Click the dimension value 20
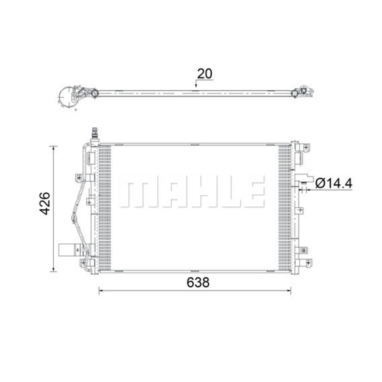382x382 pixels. tap(204, 74)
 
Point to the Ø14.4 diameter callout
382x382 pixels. tap(334, 183)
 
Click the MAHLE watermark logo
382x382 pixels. tap(192, 191)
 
